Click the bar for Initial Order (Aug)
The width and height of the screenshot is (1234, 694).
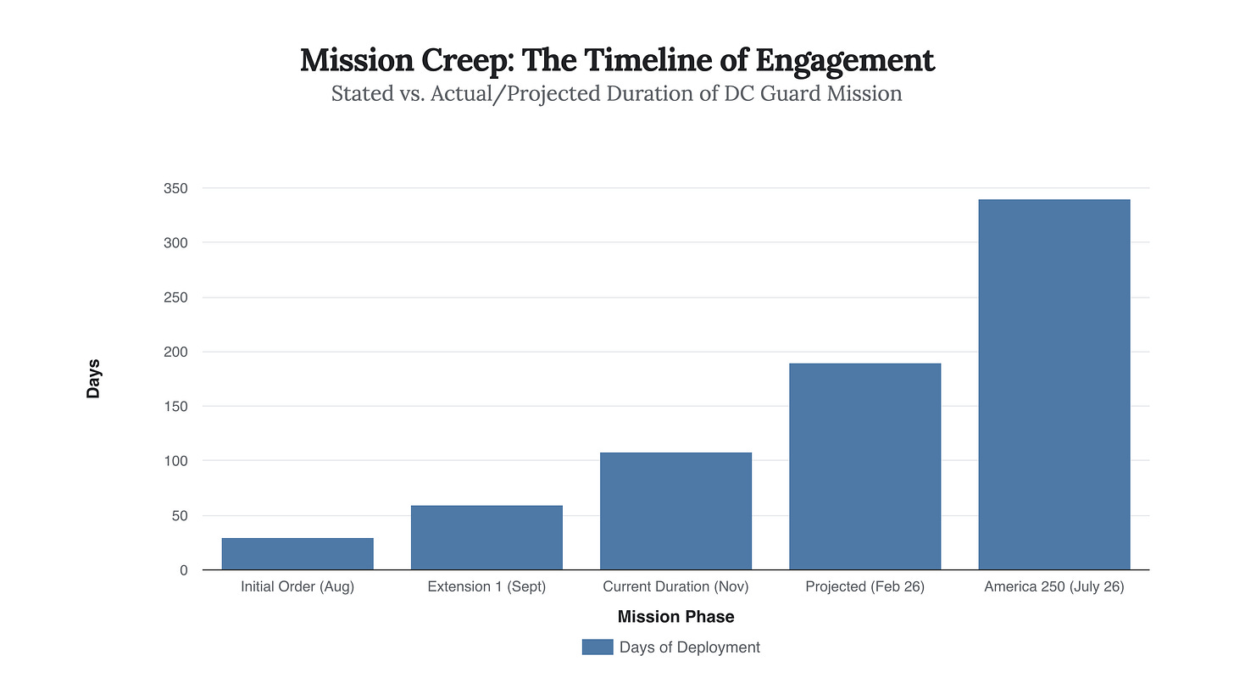(297, 553)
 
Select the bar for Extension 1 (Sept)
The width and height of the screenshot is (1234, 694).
(486, 537)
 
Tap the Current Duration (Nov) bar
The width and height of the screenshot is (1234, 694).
(675, 511)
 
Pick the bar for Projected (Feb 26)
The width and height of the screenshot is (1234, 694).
(864, 466)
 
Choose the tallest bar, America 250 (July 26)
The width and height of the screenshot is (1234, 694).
(1053, 385)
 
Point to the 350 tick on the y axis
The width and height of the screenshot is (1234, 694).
(175, 188)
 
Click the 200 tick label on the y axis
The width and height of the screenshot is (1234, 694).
(175, 352)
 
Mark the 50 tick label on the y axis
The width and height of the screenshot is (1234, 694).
(179, 515)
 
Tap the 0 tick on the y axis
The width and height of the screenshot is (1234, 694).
(183, 570)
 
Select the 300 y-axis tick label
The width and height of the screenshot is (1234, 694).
(175, 242)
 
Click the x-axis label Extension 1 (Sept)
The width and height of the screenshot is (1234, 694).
(486, 586)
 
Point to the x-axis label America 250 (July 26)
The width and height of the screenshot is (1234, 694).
(1053, 586)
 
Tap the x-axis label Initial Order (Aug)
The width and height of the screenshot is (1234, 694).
(297, 586)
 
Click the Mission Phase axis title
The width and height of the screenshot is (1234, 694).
(675, 616)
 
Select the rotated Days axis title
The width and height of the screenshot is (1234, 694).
(93, 379)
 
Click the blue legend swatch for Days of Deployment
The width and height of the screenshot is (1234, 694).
(597, 647)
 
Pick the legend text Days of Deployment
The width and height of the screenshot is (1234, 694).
(689, 647)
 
